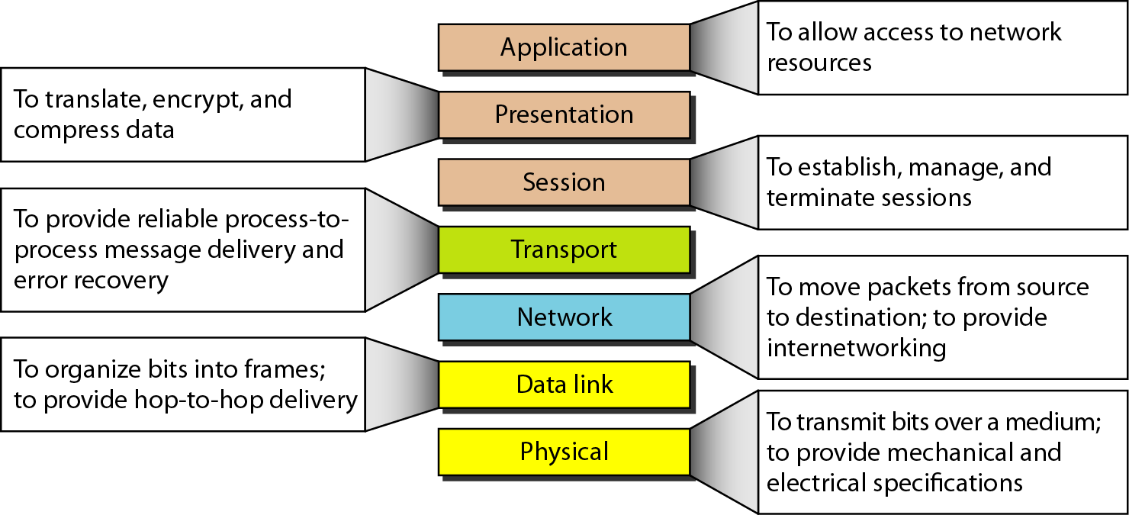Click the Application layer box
(564, 47)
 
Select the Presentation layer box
(564, 115)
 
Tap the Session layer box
(564, 182)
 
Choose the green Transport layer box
(564, 250)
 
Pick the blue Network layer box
(564, 317)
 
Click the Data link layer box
(564, 385)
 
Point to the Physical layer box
(564, 452)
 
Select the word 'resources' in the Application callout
(819, 63)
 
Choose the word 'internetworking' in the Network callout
(857, 348)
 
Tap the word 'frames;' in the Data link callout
(285, 369)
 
